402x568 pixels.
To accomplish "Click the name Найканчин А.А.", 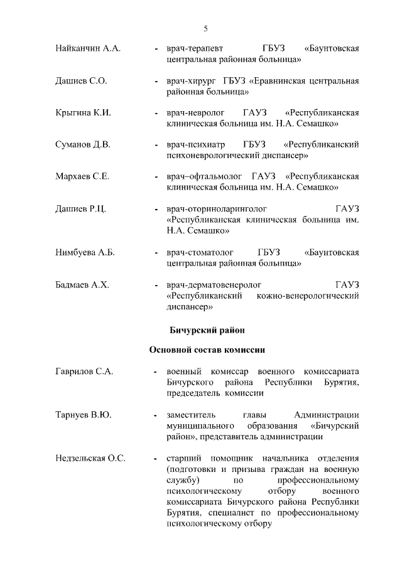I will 88,48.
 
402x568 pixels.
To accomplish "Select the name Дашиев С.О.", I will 81,81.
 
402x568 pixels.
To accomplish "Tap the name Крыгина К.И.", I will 83,113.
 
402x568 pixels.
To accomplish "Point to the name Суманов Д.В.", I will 83,145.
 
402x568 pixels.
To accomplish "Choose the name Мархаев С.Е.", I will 82,177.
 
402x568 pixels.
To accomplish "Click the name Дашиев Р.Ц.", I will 80,209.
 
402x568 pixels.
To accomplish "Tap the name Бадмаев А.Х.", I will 82,285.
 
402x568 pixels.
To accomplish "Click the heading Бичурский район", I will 207,329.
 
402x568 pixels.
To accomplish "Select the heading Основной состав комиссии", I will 207,350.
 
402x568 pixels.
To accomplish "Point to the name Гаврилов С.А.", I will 84,372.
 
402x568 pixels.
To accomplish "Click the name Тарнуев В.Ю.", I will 82,415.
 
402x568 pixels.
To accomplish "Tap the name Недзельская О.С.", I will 90,458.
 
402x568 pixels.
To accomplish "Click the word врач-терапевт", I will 197,48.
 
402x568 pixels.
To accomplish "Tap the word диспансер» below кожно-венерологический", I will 190,307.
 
